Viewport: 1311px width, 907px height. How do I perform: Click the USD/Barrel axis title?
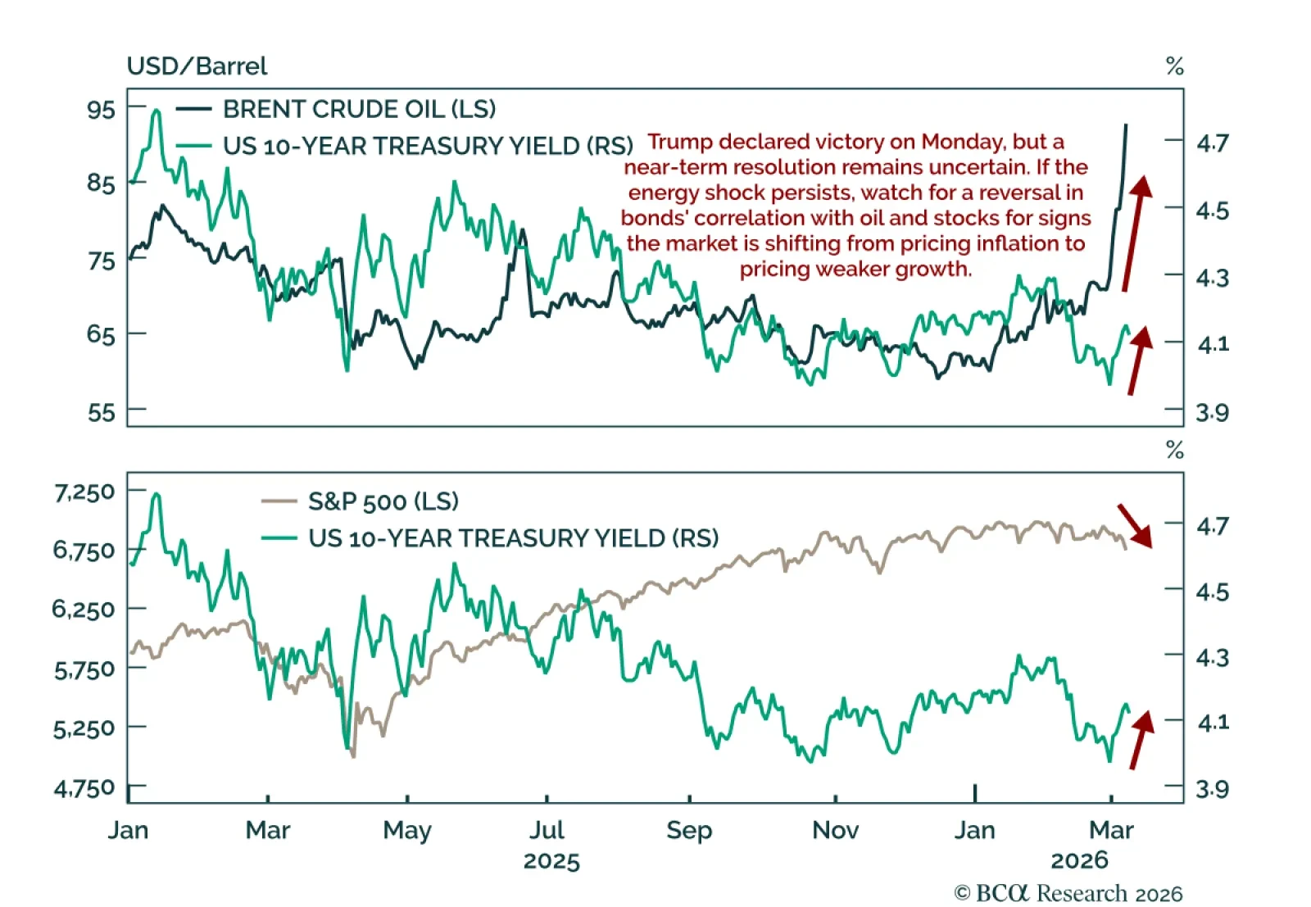(x=197, y=66)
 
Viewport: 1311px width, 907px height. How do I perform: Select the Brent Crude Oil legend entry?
(x=359, y=109)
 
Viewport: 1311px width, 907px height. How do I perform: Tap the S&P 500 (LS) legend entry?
(x=383, y=501)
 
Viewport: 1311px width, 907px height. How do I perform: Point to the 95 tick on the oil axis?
(x=102, y=109)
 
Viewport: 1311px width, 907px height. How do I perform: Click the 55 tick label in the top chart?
(x=102, y=411)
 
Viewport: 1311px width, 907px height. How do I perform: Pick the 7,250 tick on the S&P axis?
(x=84, y=492)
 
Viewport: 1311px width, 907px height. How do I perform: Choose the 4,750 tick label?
(x=84, y=788)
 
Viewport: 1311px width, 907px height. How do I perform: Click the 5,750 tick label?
(x=84, y=670)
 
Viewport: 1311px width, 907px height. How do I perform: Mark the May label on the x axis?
(x=407, y=830)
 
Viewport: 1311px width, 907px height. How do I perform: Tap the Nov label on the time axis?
(x=835, y=830)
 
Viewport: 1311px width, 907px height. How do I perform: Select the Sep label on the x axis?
(x=689, y=830)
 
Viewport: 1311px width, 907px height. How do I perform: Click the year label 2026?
(x=1079, y=860)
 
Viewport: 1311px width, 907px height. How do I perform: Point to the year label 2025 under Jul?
(x=551, y=861)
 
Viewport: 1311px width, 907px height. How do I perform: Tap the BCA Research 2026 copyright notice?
(x=1068, y=893)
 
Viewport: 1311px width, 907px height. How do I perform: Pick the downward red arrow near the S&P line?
(x=1135, y=525)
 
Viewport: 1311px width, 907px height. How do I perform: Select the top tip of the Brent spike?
(x=1126, y=125)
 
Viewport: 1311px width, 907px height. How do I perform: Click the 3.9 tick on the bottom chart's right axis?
(x=1212, y=789)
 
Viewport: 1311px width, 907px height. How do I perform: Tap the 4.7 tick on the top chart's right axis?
(x=1212, y=143)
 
